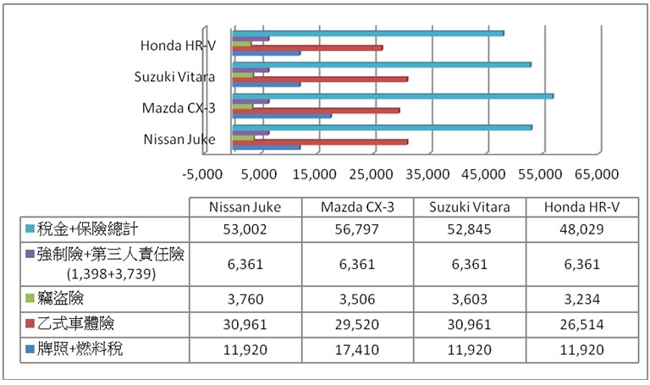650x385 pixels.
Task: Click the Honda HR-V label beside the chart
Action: click(178, 46)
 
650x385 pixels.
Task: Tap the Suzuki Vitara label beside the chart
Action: click(175, 77)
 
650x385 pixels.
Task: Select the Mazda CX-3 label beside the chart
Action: click(179, 108)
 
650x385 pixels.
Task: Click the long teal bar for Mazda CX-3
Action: click(394, 96)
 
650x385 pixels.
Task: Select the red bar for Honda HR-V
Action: click(308, 47)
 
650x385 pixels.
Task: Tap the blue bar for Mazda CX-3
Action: click(282, 115)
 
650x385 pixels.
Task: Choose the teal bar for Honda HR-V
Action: click(368, 34)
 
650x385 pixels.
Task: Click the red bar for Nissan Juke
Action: click(320, 141)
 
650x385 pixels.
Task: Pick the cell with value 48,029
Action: click(582, 229)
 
